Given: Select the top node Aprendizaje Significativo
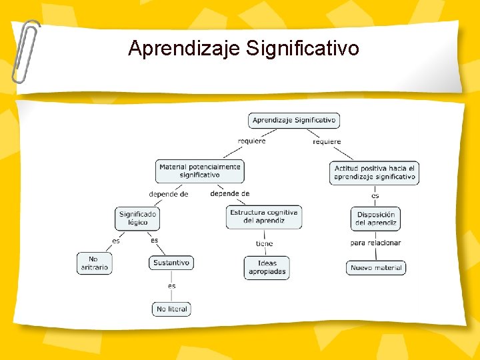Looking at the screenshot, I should (294, 121).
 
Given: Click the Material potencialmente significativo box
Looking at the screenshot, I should (200, 171).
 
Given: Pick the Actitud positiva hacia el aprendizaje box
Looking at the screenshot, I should (374, 173).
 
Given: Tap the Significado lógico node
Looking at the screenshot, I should (138, 218).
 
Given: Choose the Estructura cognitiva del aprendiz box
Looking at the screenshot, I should (264, 217).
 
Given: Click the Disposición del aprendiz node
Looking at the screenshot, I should (376, 219).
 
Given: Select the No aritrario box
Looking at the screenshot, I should (94, 263).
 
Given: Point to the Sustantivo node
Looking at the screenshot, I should (171, 263).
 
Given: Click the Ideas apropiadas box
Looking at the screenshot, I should (267, 267).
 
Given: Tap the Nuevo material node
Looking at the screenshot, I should (376, 268).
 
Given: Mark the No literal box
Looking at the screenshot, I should (172, 309).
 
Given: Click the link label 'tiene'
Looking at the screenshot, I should (264, 243).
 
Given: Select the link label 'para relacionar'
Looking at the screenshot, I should (375, 243).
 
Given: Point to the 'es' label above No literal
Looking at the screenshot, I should (172, 285).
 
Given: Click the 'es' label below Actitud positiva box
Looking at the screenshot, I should (375, 195).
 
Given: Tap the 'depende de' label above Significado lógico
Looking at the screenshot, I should (168, 194).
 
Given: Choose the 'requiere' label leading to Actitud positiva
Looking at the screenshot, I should (327, 141).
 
